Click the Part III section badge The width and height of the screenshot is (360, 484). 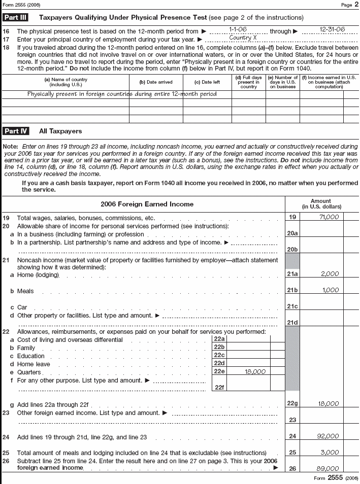point(15,17)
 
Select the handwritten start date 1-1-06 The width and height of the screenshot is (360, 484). point(238,30)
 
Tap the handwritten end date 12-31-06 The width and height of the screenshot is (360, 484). point(332,30)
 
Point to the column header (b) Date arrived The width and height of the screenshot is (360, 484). point(156,82)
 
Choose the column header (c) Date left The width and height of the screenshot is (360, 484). point(207,82)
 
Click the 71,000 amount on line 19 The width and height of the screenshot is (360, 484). point(329,217)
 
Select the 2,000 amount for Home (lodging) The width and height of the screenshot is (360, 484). point(330,274)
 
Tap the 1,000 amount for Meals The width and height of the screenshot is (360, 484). point(330,290)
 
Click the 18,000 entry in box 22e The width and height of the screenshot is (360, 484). point(255,371)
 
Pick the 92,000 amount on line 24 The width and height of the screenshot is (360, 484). point(329,436)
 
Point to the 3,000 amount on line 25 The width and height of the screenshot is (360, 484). point(330,453)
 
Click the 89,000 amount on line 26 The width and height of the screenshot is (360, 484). point(329,469)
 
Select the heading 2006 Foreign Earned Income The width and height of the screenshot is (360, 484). point(147,204)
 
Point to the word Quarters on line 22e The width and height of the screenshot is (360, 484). point(28,372)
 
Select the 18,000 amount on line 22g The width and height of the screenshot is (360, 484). point(329,404)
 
